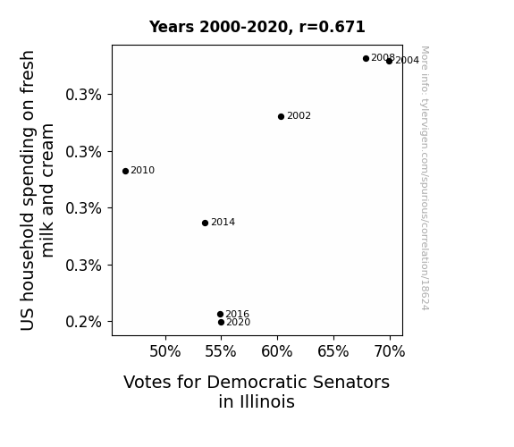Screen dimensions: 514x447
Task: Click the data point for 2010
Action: click(x=125, y=171)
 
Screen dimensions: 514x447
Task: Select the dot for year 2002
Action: click(x=281, y=117)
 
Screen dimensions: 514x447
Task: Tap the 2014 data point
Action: click(x=206, y=223)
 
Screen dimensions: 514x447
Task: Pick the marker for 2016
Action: click(x=220, y=314)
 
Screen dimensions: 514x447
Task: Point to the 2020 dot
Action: click(x=222, y=323)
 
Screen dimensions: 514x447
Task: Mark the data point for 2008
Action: click(x=367, y=59)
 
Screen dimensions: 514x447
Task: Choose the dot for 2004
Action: click(x=389, y=62)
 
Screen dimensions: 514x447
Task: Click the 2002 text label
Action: click(x=299, y=115)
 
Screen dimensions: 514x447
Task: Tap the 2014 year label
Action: click(x=223, y=222)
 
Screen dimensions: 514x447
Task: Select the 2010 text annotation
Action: click(x=143, y=170)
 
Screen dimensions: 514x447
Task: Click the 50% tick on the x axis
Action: click(x=165, y=351)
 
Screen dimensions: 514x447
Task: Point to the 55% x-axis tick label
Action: click(x=221, y=351)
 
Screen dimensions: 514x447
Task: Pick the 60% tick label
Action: click(x=277, y=351)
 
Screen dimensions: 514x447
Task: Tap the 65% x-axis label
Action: click(x=333, y=351)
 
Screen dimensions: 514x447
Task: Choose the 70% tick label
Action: click(x=390, y=351)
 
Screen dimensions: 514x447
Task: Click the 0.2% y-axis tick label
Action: click(x=84, y=322)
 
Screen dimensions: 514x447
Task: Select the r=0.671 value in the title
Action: click(x=332, y=27)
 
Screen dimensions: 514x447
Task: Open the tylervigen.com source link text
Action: click(x=425, y=178)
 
